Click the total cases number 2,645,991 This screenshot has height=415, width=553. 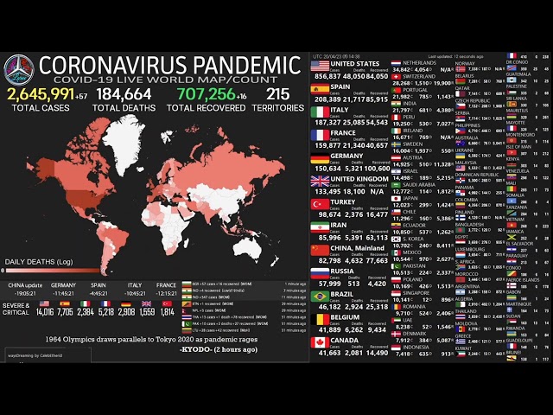point(40,93)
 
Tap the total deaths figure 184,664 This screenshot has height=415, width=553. point(123,93)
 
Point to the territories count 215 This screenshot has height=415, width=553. point(277,93)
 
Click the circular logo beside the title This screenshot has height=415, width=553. point(18,69)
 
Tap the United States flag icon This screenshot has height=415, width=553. point(320,64)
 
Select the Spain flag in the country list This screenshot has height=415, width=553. point(320,87)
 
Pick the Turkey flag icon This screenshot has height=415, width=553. point(320,204)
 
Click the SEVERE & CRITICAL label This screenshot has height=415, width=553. point(16,309)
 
